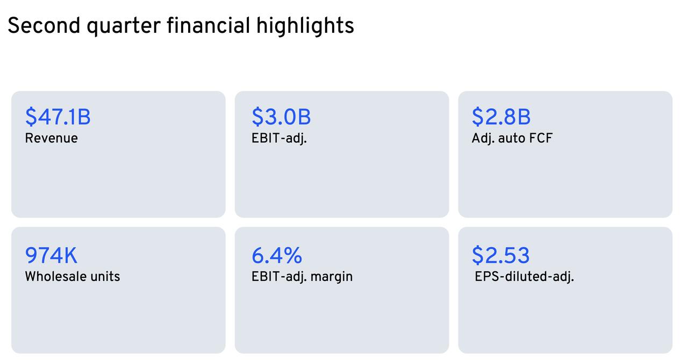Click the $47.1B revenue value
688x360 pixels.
pos(58,117)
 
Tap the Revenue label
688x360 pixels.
pos(51,138)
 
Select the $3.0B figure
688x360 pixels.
pos(281,117)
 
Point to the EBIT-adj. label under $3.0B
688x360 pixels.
pos(279,139)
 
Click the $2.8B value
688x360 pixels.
pos(501,117)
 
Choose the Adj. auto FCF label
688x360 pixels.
pos(512,139)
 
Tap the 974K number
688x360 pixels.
pos(51,255)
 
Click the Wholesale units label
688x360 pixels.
pos(73,277)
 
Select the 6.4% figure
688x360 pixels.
pos(277,255)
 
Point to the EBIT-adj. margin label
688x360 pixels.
pos(302,277)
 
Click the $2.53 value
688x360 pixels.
pos(500,255)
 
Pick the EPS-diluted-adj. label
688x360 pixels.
pos(524,277)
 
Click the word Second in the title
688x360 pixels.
pos(44,25)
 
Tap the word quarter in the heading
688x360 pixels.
pos(124,27)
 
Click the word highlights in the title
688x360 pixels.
pos(305,26)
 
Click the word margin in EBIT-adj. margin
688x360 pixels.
pos(332,278)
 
